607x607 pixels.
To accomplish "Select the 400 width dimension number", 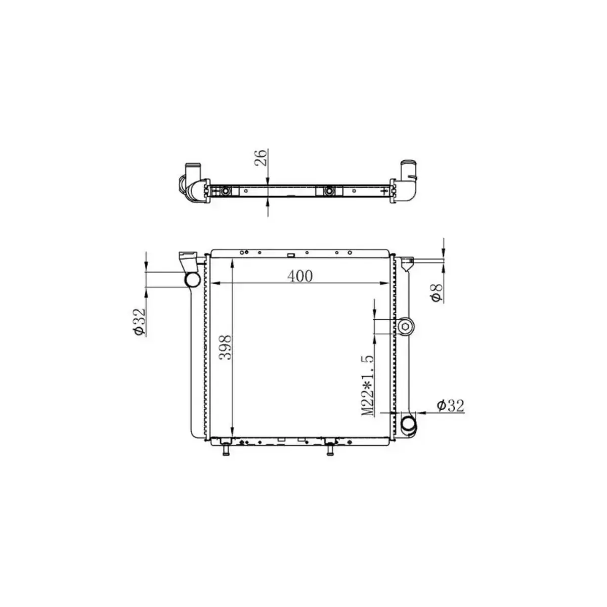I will [x=300, y=276].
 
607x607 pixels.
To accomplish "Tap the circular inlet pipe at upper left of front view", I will [x=192, y=279].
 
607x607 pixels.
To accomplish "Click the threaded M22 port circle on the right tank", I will [x=406, y=327].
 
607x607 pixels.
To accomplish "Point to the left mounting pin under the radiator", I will [x=226, y=448].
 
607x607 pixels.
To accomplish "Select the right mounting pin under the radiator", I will [x=330, y=448].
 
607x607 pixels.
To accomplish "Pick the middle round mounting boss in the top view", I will [x=329, y=191].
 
